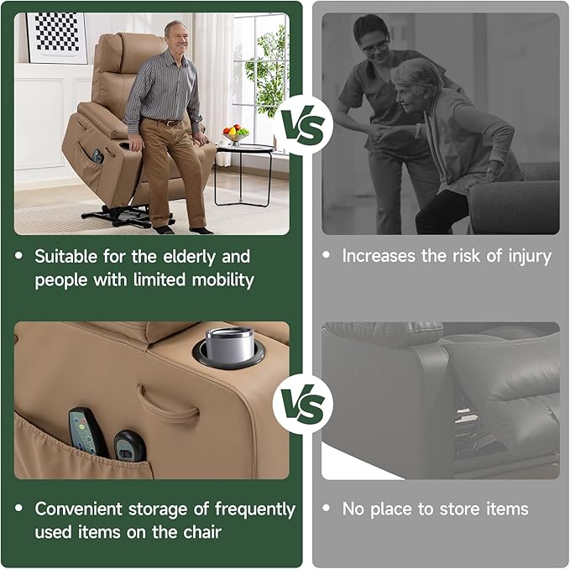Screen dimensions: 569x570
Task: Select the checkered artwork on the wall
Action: (56, 37)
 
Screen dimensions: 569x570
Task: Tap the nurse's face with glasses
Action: (373, 42)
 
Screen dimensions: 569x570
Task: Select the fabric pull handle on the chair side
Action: (169, 405)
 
